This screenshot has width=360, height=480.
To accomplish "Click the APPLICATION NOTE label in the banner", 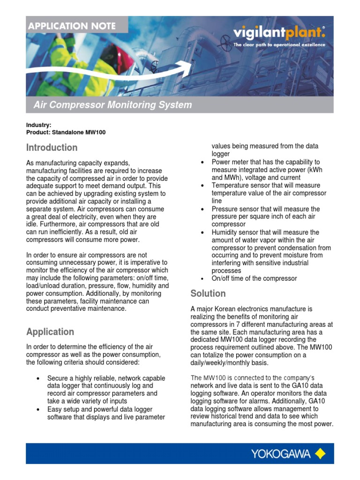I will coord(72,26).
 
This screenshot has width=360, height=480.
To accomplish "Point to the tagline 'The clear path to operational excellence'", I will coord(279,45).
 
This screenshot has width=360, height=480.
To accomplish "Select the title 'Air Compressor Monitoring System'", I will coord(112,105).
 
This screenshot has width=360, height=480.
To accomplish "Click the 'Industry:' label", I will coord(39,126).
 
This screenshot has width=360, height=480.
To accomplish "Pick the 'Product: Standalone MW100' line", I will coord(66,133).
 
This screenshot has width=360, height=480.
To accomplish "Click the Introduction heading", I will coord(52,148).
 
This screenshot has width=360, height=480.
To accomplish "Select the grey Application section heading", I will coord(50,332).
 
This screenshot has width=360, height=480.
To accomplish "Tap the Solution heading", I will coord(208,293).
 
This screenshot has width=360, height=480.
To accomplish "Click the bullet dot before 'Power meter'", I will coord(202,162).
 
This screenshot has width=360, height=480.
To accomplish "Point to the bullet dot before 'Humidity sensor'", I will coord(202,232).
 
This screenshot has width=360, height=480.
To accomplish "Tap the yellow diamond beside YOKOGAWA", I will coord(320,453).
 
